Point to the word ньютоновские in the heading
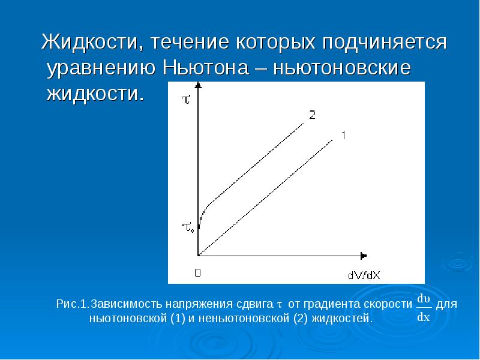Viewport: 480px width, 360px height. click(342, 68)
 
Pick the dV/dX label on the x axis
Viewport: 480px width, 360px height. click(365, 275)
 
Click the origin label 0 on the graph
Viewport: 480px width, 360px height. click(197, 273)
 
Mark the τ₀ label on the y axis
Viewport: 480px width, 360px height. click(188, 227)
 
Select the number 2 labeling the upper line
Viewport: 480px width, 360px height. click(312, 115)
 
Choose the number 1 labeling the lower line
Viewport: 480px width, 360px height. click(343, 136)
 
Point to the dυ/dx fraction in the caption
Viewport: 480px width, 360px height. click(424, 307)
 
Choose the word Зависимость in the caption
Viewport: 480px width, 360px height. click(126, 304)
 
